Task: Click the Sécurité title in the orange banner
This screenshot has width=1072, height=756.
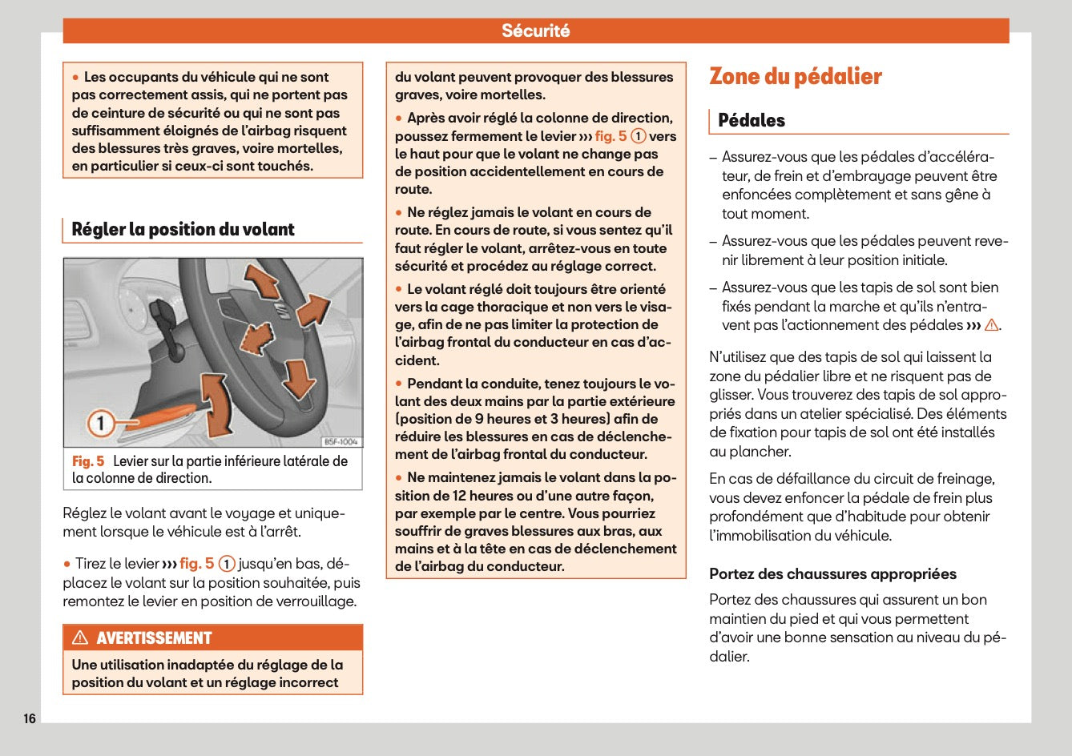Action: point(535,31)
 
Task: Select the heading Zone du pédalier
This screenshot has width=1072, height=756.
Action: point(795,77)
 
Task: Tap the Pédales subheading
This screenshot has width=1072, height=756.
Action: point(751,121)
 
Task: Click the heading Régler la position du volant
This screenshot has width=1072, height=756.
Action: point(183,230)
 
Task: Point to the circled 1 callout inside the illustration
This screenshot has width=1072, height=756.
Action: point(100,423)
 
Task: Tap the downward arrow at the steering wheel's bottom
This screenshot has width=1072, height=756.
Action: point(299,378)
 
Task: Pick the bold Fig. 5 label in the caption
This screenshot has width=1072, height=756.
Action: point(88,461)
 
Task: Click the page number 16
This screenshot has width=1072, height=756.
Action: point(29,718)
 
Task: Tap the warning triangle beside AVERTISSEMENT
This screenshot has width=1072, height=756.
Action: point(80,638)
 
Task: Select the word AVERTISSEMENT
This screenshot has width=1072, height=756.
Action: point(154,638)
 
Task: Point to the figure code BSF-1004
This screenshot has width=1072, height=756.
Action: point(341,442)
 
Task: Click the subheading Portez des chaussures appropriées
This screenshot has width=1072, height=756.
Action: point(832,574)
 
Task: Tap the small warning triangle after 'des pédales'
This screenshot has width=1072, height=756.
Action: point(991,325)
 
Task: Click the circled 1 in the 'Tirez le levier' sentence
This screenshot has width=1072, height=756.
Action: point(227,564)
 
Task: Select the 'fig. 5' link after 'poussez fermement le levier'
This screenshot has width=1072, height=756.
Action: point(611,136)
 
